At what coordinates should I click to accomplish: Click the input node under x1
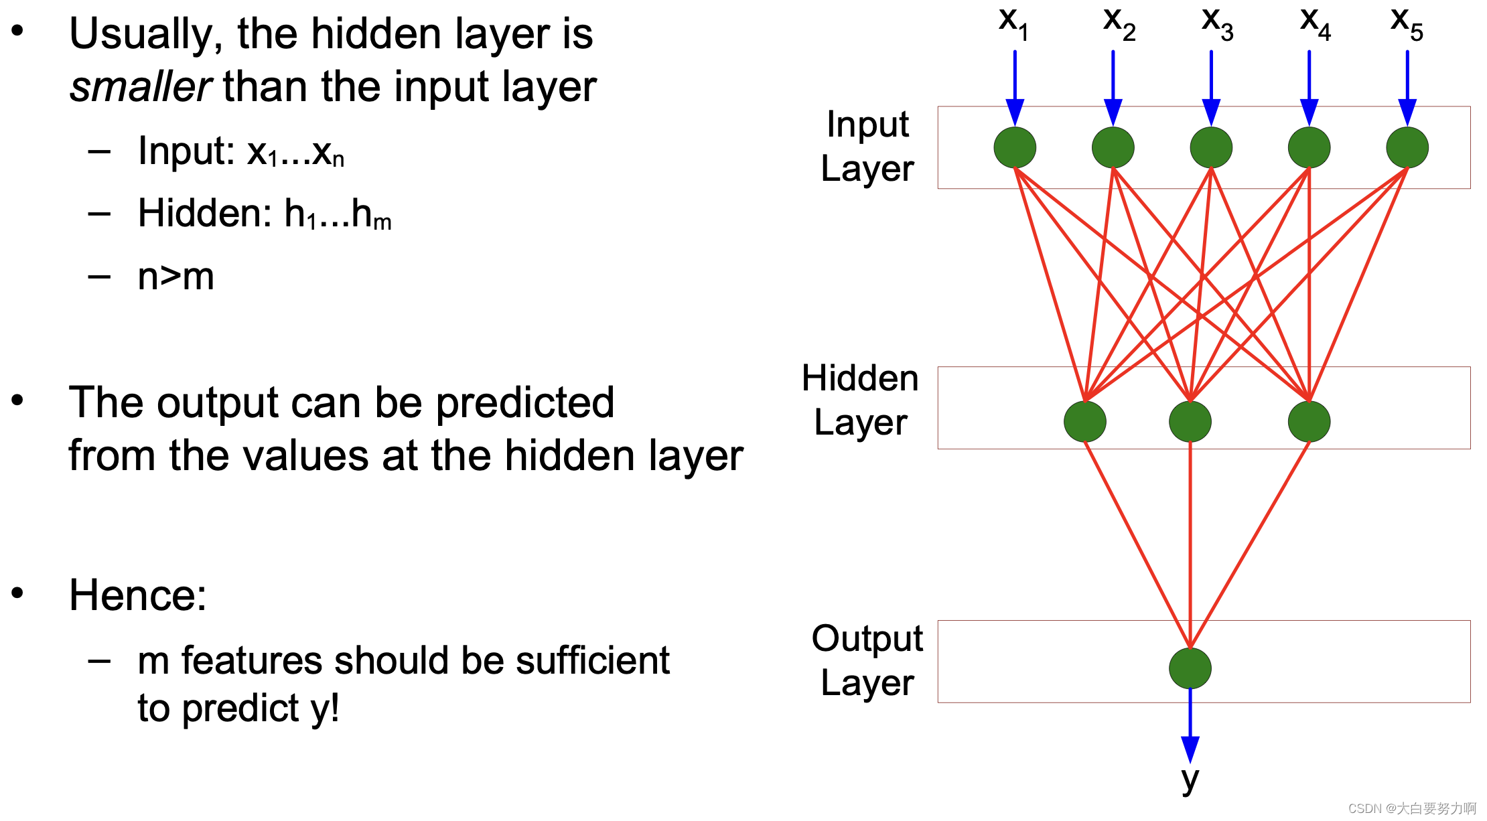(1015, 147)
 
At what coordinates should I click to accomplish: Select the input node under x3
(1211, 147)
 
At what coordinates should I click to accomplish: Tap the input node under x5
(1407, 147)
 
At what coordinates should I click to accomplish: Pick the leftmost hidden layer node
(1084, 421)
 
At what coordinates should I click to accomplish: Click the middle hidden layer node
(1190, 421)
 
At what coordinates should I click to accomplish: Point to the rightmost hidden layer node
(1309, 421)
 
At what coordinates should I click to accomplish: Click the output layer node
(1190, 668)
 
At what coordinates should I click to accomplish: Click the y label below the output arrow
(1190, 779)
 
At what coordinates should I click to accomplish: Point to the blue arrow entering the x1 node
(1015, 87)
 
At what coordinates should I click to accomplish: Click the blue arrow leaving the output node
(1190, 727)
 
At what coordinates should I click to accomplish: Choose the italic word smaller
(141, 87)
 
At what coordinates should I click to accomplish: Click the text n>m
(175, 276)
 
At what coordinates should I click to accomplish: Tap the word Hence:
(138, 595)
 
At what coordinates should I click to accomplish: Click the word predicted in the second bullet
(524, 402)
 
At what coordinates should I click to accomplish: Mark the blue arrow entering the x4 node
(1309, 87)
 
